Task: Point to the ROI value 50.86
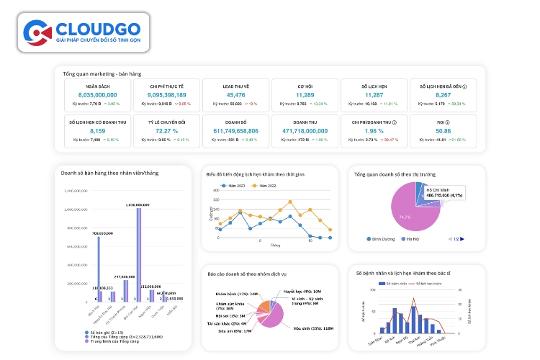tap(444, 132)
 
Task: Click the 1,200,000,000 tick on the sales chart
tap(81, 191)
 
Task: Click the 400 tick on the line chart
tap(213, 190)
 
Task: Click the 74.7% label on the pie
tap(405, 217)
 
